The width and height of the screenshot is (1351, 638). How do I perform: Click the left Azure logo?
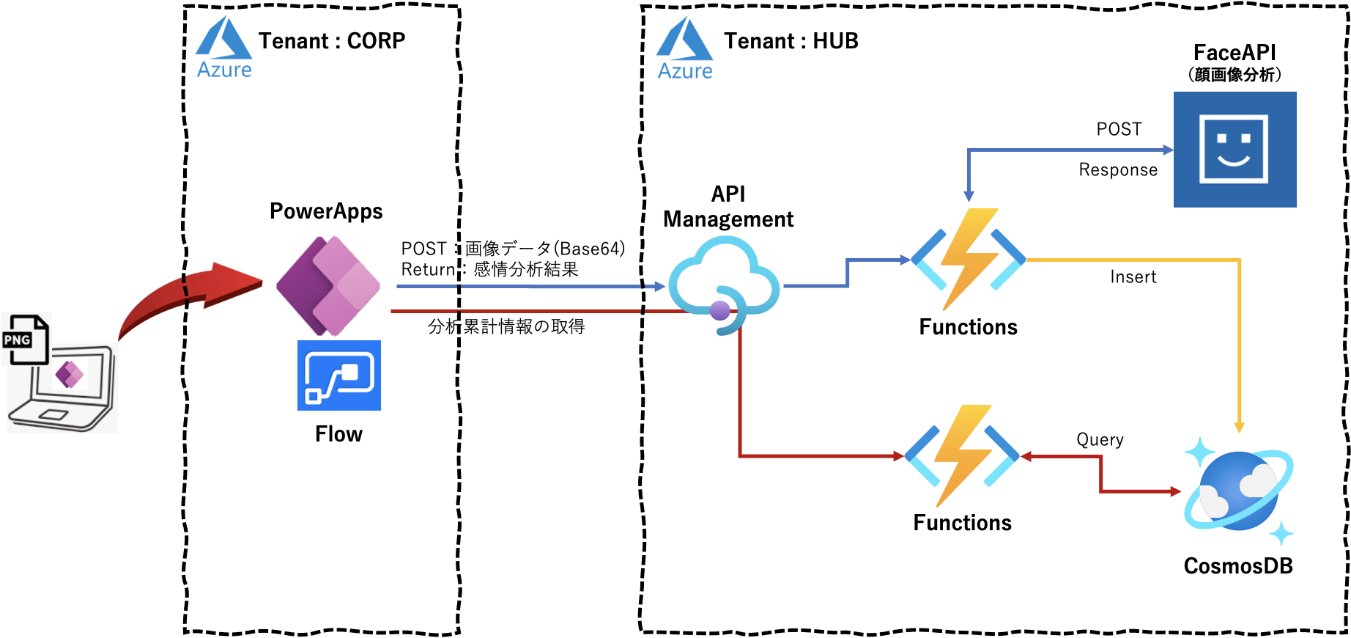click(223, 47)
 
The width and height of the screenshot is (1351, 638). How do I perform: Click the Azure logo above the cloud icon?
click(684, 48)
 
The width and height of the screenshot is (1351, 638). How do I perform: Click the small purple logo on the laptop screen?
click(70, 375)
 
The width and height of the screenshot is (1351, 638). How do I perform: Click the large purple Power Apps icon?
click(329, 285)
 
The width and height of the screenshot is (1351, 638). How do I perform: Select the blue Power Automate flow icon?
click(339, 375)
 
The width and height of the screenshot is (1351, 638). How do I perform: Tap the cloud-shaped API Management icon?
click(724, 282)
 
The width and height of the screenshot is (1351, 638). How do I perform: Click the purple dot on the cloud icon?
click(720, 311)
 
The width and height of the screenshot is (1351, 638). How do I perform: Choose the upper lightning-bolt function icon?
click(968, 260)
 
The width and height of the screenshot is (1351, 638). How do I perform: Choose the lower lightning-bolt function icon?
click(962, 455)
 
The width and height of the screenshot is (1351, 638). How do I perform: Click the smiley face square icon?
click(1235, 150)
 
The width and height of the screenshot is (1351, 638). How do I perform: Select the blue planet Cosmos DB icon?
click(1239, 491)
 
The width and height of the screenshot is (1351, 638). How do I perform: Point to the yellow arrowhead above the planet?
click(1239, 427)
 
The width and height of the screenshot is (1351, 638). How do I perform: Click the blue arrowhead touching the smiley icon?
click(1168, 150)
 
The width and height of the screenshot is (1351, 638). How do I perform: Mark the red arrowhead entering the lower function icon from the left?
click(898, 456)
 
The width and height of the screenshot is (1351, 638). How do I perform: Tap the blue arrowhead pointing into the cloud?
click(659, 287)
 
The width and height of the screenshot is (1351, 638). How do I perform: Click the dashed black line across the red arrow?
click(185, 297)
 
